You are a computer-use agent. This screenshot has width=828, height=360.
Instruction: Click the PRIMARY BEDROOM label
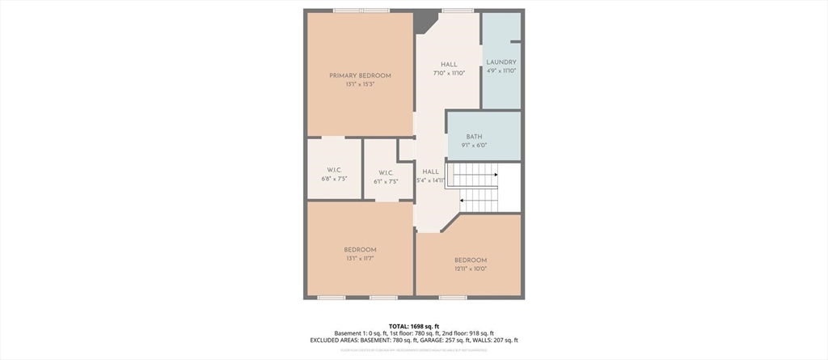360,75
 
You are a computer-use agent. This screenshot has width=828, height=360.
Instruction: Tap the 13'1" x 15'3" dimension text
360,85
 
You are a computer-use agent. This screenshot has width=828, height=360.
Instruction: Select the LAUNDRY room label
501,62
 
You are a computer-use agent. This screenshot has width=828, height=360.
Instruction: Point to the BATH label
475,137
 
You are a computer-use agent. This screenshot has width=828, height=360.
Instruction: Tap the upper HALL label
449,65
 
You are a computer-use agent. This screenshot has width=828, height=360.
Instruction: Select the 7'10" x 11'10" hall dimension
449,74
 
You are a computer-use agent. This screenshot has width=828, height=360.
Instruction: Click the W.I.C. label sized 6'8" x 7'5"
334,170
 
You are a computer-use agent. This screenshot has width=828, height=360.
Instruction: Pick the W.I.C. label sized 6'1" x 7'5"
385,172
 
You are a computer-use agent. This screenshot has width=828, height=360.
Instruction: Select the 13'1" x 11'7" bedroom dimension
360,259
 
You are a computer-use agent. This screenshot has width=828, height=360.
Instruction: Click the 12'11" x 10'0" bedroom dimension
471,269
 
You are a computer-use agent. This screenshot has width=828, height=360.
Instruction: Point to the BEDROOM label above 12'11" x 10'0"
471,260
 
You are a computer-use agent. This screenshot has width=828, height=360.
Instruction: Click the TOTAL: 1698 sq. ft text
414,326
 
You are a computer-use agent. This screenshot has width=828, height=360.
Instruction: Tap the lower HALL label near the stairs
430,172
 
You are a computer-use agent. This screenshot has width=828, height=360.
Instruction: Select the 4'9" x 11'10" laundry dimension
501,71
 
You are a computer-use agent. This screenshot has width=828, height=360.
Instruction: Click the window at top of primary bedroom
360,10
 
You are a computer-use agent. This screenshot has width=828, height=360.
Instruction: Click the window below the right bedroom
453,298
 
